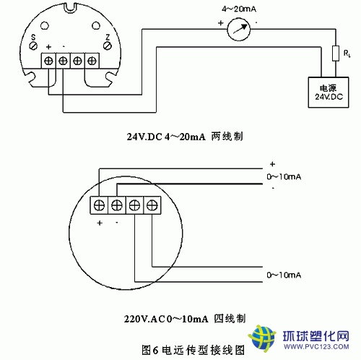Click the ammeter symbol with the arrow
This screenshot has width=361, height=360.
(238, 30)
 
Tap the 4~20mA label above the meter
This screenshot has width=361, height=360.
(239, 9)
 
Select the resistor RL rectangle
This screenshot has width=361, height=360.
(336, 53)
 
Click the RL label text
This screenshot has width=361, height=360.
(347, 53)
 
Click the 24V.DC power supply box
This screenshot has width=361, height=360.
(329, 93)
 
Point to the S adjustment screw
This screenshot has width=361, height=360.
(33, 46)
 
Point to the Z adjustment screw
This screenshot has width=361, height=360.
(108, 46)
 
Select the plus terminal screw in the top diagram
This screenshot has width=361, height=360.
(48, 61)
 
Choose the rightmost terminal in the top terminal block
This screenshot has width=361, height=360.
(92, 61)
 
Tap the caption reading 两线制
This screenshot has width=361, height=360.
(227, 137)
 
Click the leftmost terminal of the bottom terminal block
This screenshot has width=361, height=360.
(99, 205)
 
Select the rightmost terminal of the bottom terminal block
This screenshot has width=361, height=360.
(152, 205)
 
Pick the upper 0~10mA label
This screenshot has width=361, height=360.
(284, 177)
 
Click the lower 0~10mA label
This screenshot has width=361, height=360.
(284, 275)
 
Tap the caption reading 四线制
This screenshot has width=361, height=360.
(230, 319)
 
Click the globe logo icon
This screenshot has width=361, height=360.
(262, 338)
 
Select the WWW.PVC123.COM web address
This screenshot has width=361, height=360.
(316, 347)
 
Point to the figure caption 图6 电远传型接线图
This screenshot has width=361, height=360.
(193, 350)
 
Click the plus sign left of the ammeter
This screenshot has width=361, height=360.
(221, 23)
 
